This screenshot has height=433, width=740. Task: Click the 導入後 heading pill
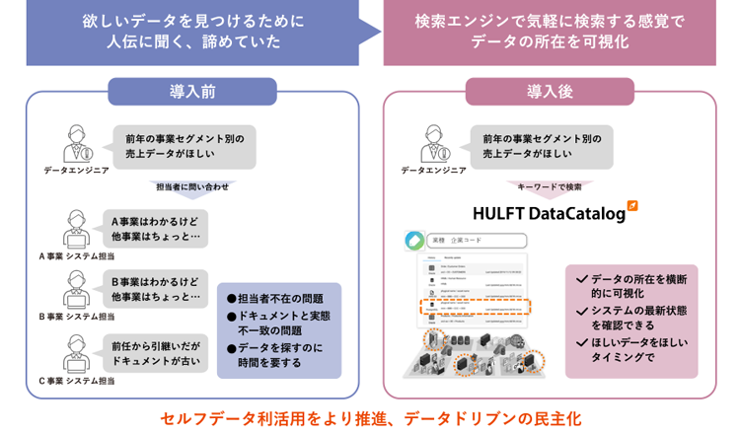550,92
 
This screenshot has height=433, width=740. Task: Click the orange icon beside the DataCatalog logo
632,206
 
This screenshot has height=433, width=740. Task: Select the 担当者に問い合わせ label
192,185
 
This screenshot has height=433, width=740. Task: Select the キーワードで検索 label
550,185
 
